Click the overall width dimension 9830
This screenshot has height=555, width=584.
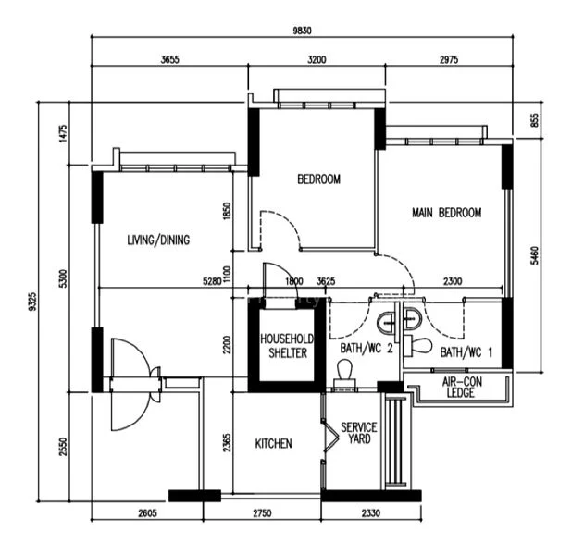302,31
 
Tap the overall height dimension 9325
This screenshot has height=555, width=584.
33,302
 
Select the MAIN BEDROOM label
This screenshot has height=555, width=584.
447,213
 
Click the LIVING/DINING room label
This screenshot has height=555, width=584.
158,240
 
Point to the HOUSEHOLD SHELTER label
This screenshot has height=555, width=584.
287,346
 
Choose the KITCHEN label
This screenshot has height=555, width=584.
273,443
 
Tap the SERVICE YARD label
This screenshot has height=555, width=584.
359,433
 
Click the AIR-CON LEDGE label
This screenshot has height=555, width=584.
462,388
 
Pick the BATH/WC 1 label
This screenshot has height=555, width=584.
466,351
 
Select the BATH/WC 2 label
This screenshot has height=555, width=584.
367,349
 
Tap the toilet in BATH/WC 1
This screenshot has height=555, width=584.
418,345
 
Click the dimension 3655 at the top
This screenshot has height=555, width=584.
170,59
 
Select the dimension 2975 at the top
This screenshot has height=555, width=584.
449,59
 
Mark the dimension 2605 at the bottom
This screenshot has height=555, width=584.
148,513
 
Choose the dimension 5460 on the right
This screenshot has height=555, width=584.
534,255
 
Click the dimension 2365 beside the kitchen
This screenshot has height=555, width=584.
227,442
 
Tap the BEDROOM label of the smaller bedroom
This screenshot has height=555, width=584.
318,179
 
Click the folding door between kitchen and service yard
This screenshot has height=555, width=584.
329,436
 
